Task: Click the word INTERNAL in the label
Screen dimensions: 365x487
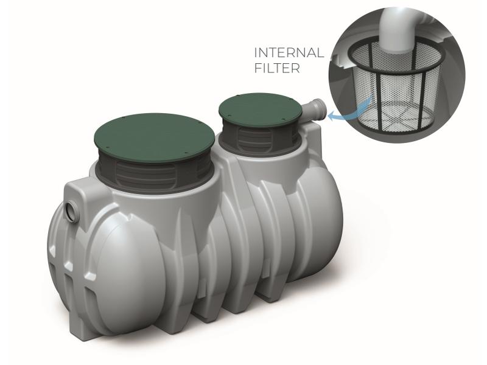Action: pyautogui.click(x=288, y=53)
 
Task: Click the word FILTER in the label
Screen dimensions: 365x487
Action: pyautogui.click(x=276, y=68)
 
